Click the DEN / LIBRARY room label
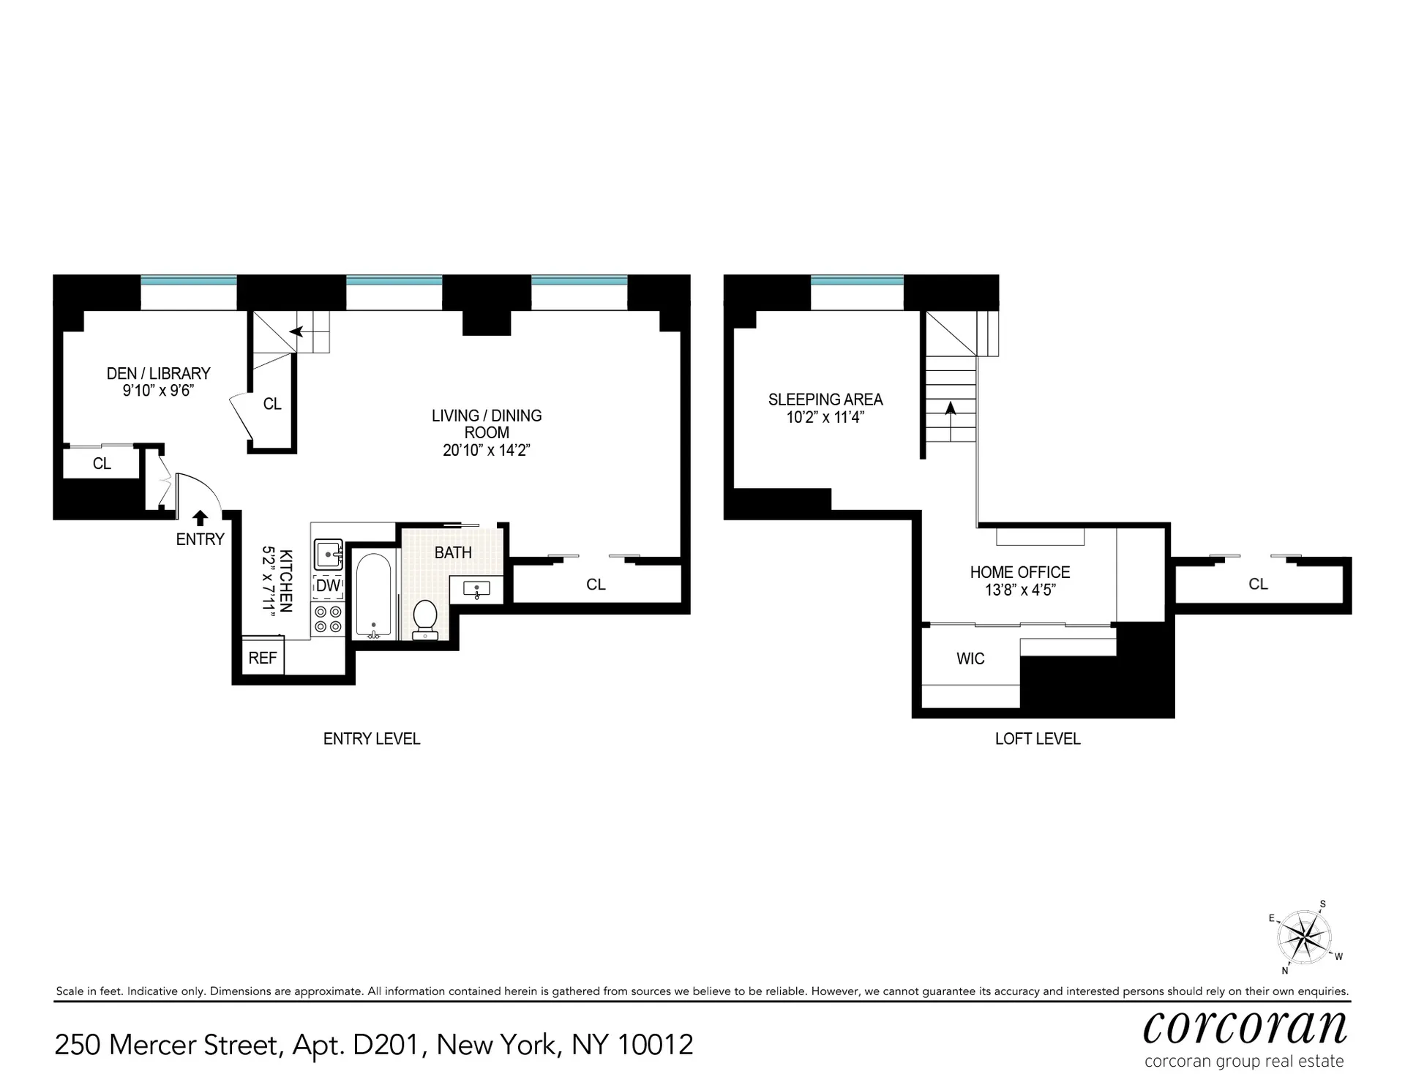pyautogui.click(x=158, y=373)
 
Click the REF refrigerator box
pyautogui.click(x=263, y=658)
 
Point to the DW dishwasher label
pyautogui.click(x=328, y=585)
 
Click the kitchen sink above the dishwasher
pyautogui.click(x=329, y=555)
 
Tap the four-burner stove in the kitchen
pyautogui.click(x=328, y=619)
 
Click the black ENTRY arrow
pyautogui.click(x=200, y=518)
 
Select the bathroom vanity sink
pyautogui.click(x=476, y=590)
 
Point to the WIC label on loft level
pyautogui.click(x=970, y=658)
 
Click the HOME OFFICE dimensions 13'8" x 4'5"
pyautogui.click(x=1020, y=590)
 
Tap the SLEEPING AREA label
pyautogui.click(x=825, y=399)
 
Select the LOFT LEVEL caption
pyautogui.click(x=1038, y=739)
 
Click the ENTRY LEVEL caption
pyautogui.click(x=372, y=739)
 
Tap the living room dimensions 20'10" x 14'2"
pyautogui.click(x=487, y=450)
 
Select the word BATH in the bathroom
pyautogui.click(x=453, y=552)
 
